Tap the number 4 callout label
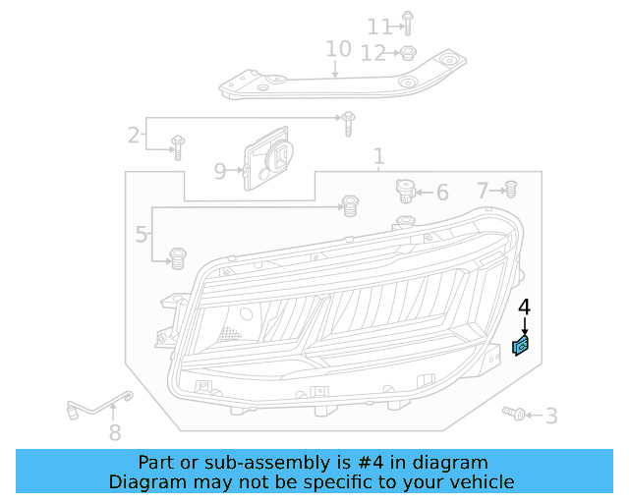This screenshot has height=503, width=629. pos(524,307)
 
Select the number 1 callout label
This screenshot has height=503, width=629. pos(378,157)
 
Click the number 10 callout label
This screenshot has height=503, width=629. pos(337,49)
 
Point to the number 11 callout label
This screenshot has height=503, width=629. pos(378,26)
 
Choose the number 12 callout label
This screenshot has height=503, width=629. pos(372,54)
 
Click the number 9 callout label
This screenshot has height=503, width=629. pos(220,171)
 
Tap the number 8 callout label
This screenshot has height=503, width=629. pos(115,432)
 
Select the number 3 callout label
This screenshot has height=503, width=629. pos(550,417)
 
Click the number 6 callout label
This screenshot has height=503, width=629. pos(441,193)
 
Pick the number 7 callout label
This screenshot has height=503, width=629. pos(483,190)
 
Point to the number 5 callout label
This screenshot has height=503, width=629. pos(142,235)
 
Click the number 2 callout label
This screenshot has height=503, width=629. pos(134,136)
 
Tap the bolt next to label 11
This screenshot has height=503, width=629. pos(409,23)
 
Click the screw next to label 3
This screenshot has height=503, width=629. pos(512,414)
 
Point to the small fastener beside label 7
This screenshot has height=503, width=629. pos(511,189)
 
